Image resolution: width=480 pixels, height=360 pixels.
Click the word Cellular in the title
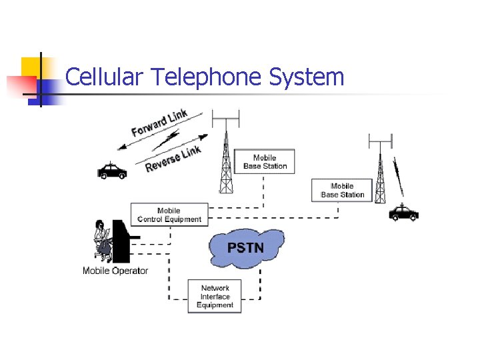[x=105, y=77]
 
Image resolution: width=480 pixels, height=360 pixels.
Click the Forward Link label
[x=159, y=122]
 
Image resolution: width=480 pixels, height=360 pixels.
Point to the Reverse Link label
[x=173, y=159]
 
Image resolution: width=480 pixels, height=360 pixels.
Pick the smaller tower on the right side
[x=381, y=173]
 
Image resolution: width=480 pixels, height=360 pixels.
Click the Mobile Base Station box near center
[x=265, y=162]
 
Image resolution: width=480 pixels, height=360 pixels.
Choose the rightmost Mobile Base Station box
[x=342, y=190]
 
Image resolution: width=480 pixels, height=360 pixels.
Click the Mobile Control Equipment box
[x=169, y=215]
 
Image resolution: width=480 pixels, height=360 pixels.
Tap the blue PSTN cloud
[x=246, y=248]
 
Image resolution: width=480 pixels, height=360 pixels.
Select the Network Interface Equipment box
[x=215, y=297]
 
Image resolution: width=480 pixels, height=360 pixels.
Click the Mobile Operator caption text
[x=115, y=271]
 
